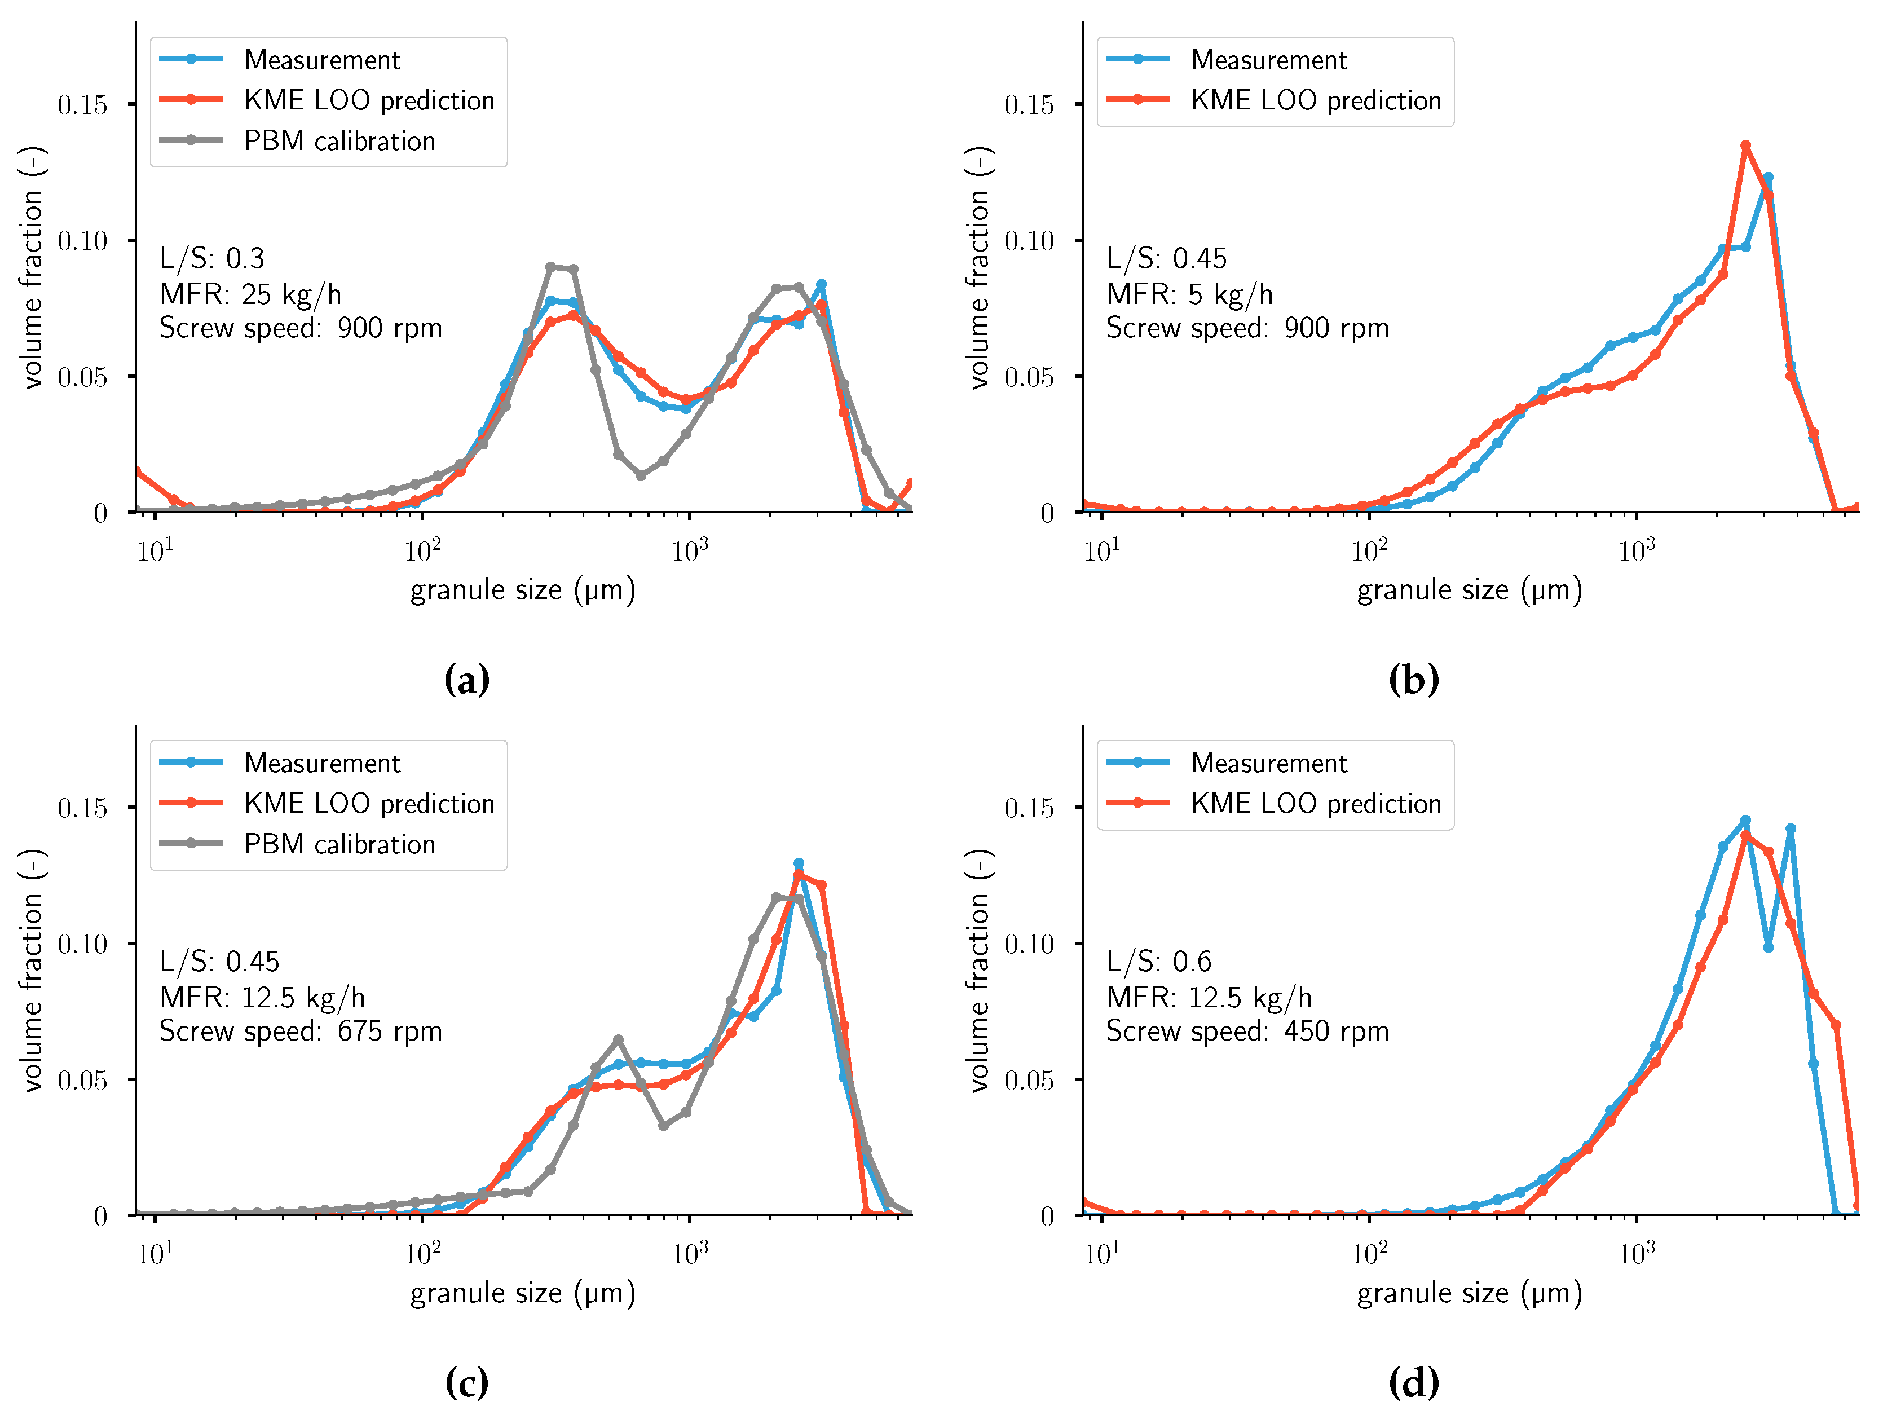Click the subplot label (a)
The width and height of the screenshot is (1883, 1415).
coord(466,680)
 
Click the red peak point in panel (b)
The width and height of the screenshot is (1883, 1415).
coord(1745,146)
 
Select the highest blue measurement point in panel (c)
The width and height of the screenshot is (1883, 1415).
coord(799,863)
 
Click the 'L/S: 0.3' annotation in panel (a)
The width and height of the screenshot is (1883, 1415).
coord(212,258)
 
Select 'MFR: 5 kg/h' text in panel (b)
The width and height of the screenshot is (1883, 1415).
coord(1189,294)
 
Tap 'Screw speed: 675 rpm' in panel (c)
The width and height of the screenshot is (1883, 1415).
coord(301,1031)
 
